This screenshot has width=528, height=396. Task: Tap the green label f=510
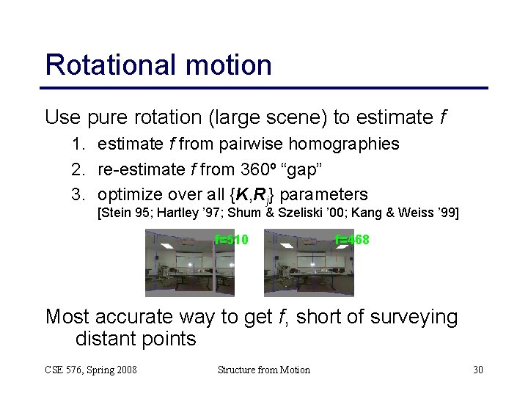pos(232,240)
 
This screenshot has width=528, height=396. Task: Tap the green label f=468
pos(352,240)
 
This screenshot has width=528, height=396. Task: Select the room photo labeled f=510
pos(189,263)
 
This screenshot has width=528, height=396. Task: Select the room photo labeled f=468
pos(308,263)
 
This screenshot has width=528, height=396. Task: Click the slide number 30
pos(477,370)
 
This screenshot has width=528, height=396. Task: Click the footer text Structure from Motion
pos(264,370)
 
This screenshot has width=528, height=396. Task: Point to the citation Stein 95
pos(124,213)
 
